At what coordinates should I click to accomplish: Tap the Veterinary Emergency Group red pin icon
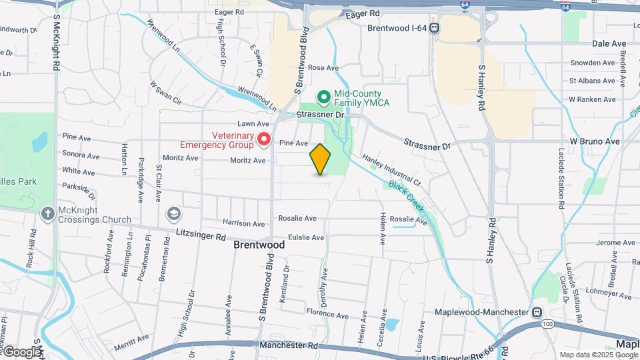(x=264, y=139)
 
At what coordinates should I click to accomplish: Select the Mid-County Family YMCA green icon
(x=324, y=98)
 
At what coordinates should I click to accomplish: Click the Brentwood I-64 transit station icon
(x=434, y=28)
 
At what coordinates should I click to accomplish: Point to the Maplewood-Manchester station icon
(x=537, y=312)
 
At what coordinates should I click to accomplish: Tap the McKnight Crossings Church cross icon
(x=47, y=214)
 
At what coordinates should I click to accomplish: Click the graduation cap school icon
(x=173, y=213)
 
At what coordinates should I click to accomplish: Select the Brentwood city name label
(x=259, y=245)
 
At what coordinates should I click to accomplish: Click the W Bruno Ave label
(x=595, y=142)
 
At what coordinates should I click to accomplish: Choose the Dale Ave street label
(x=609, y=43)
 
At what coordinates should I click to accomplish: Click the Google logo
(x=21, y=352)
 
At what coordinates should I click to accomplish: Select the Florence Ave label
(x=327, y=315)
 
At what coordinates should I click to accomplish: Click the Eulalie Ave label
(x=306, y=237)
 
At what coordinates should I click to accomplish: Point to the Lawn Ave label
(x=253, y=124)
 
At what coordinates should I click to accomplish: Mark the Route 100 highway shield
(x=548, y=324)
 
